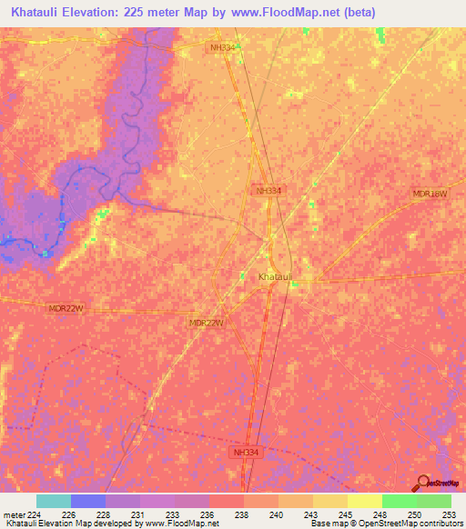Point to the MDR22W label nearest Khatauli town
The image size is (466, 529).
tap(206, 323)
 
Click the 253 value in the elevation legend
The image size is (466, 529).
tap(446, 514)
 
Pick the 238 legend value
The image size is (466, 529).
tap(242, 514)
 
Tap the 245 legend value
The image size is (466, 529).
tap(344, 514)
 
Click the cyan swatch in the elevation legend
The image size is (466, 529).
tap(54, 501)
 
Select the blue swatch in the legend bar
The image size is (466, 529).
tap(88, 501)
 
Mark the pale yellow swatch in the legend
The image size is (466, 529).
tap(365, 501)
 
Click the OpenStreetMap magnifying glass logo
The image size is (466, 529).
tap(422, 483)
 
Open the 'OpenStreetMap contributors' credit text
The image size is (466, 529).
tap(413, 524)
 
